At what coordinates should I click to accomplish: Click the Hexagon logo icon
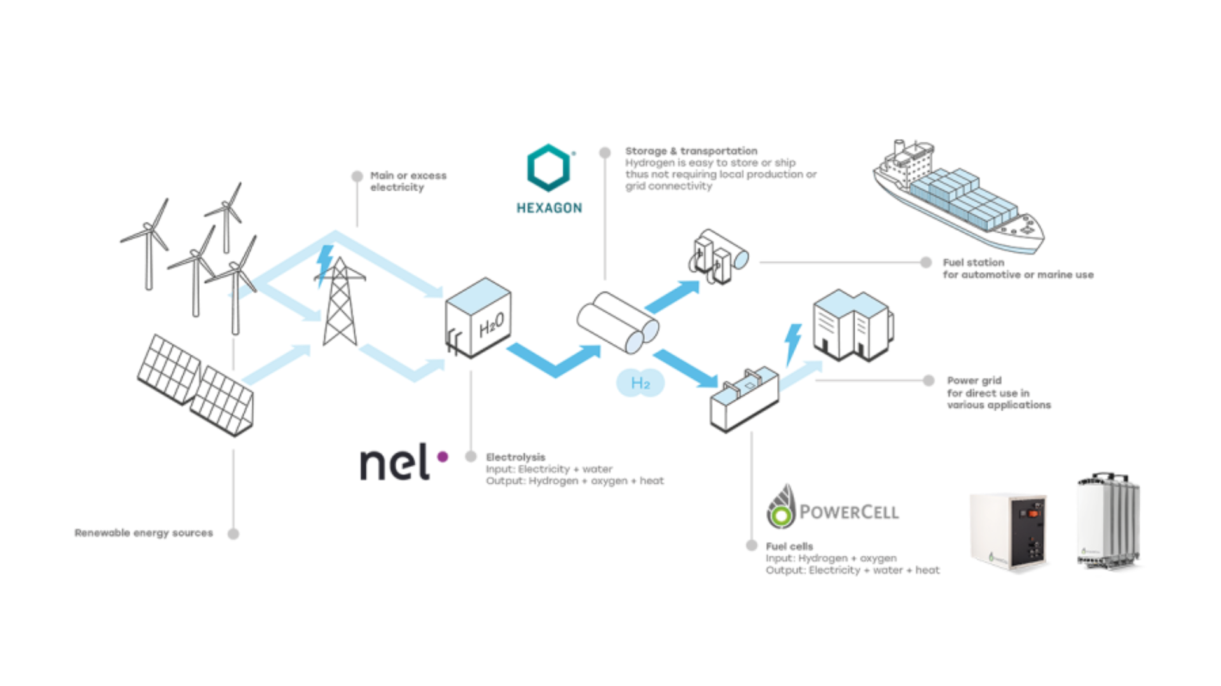pyautogui.click(x=549, y=168)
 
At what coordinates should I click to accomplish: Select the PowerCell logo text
pyautogui.click(x=849, y=512)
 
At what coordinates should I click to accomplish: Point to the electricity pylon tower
pyautogui.click(x=339, y=303)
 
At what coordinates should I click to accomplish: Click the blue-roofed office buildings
pyautogui.click(x=852, y=326)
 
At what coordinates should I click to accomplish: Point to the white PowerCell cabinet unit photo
pyautogui.click(x=1007, y=528)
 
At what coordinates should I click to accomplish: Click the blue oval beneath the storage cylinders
pyautogui.click(x=640, y=383)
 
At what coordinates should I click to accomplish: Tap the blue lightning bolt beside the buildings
pyautogui.click(x=792, y=343)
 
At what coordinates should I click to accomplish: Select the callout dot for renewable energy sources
pyautogui.click(x=233, y=534)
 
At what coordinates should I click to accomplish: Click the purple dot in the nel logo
pyautogui.click(x=443, y=456)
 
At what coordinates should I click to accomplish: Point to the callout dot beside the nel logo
pyautogui.click(x=471, y=456)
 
